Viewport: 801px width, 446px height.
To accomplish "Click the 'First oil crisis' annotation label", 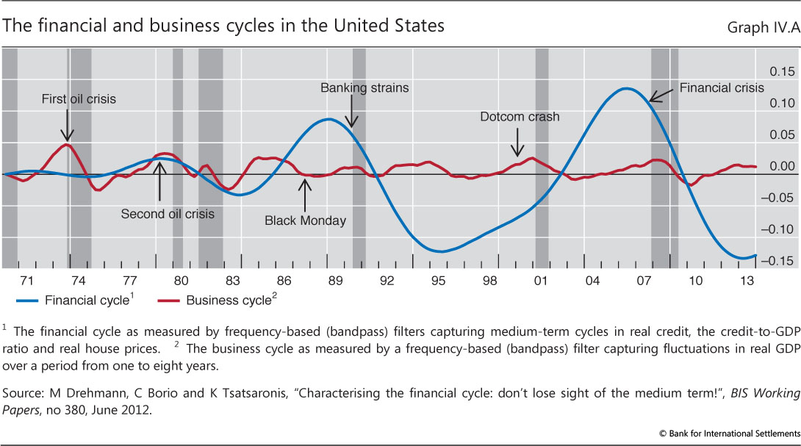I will click(79, 99).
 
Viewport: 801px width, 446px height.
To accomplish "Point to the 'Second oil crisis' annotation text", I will click(168, 214).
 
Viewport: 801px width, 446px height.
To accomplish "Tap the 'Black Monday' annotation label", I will click(305, 220).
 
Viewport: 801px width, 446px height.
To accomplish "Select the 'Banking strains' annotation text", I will click(364, 87).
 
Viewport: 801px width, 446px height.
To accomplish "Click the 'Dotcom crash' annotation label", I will click(520, 116).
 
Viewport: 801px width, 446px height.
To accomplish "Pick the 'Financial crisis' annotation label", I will click(722, 87).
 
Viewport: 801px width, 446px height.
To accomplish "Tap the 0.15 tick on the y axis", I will click(781, 71).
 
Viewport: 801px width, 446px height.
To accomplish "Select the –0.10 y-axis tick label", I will click(779, 229).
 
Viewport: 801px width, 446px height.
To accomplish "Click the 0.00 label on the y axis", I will click(781, 166).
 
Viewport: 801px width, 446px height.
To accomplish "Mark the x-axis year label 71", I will click(26, 280).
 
